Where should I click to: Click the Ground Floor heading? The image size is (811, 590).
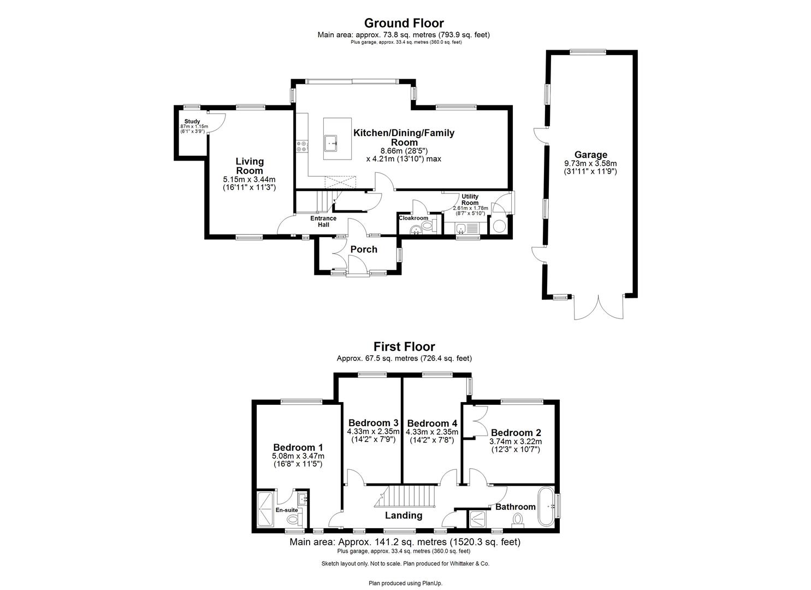(404, 23)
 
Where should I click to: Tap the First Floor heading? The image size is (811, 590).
(404, 346)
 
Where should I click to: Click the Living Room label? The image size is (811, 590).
(250, 166)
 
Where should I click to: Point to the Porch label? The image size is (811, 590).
(364, 249)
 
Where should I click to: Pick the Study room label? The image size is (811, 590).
(192, 121)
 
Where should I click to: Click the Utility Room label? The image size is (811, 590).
(470, 199)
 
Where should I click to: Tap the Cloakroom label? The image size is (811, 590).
(413, 218)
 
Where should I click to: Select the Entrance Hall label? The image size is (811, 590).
(323, 221)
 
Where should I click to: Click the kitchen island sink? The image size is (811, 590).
(333, 144)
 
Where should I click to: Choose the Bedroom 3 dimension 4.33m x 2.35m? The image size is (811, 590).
(373, 431)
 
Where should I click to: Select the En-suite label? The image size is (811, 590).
(286, 510)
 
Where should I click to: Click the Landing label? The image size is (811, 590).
(404, 515)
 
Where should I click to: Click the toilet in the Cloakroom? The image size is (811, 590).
(427, 225)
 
